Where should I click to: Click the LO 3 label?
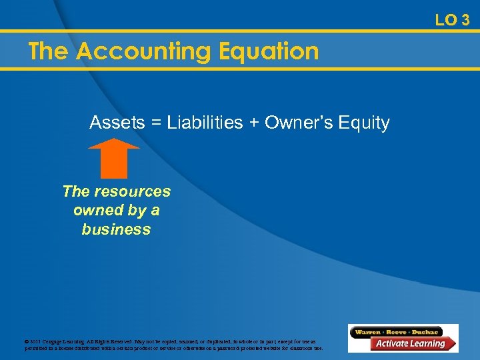point(452,20)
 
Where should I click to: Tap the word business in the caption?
point(116,229)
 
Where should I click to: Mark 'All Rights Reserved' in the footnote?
point(111,340)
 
